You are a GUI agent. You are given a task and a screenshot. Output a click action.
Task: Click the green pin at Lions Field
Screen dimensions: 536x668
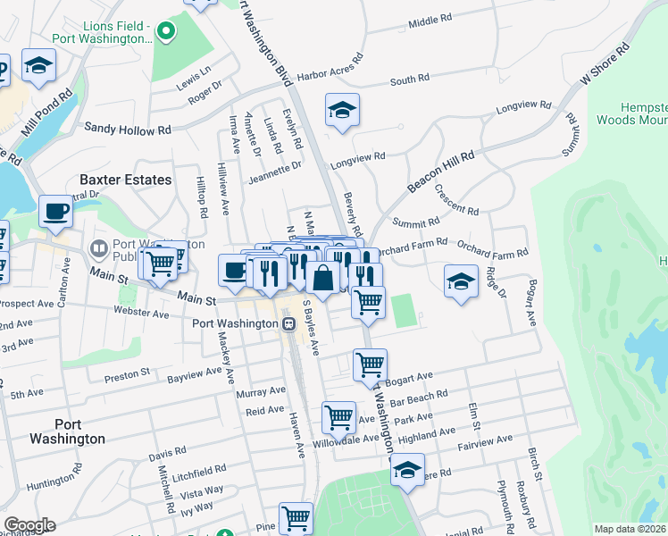[164, 32]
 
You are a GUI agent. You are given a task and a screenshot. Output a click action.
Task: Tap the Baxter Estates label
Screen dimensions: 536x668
[125, 180]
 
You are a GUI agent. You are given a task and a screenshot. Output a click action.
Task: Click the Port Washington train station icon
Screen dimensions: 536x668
[288, 323]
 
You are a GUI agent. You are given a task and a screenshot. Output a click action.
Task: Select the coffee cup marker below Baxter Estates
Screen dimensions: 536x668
[56, 211]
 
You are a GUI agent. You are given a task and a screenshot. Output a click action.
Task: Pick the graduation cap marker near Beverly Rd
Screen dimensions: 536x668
[342, 110]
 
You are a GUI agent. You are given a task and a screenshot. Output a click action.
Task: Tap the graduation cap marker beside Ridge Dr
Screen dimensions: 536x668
[461, 281]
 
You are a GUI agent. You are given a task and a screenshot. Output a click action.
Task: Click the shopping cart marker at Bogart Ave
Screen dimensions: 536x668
[370, 364]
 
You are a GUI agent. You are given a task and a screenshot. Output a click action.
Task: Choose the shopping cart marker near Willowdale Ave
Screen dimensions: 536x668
[338, 416]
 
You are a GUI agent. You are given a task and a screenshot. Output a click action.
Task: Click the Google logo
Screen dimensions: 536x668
[29, 525]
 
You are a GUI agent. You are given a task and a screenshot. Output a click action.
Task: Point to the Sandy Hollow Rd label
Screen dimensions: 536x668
[127, 130]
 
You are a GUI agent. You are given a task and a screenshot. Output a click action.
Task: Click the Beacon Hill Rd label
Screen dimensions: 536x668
[441, 168]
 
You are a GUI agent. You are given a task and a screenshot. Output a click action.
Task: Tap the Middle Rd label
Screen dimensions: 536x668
[430, 21]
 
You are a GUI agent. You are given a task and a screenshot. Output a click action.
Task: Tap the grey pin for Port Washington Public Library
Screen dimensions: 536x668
[97, 246]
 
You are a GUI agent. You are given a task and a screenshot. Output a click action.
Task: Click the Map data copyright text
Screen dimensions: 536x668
[630, 529]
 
